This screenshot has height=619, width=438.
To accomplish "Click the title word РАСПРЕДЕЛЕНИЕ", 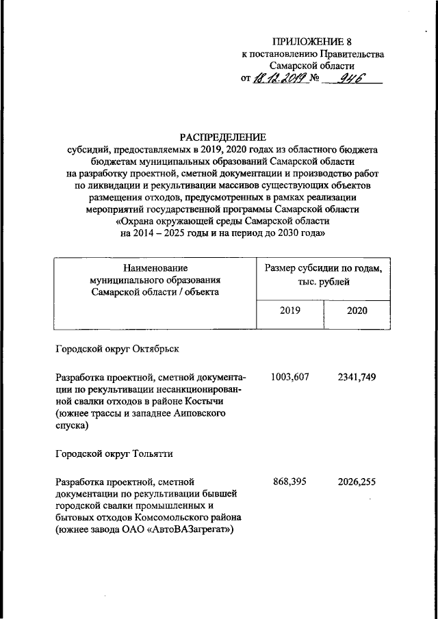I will [x=221, y=136].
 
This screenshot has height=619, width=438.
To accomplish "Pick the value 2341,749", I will [x=357, y=376].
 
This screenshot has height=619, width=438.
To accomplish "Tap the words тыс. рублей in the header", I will [x=323, y=281].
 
